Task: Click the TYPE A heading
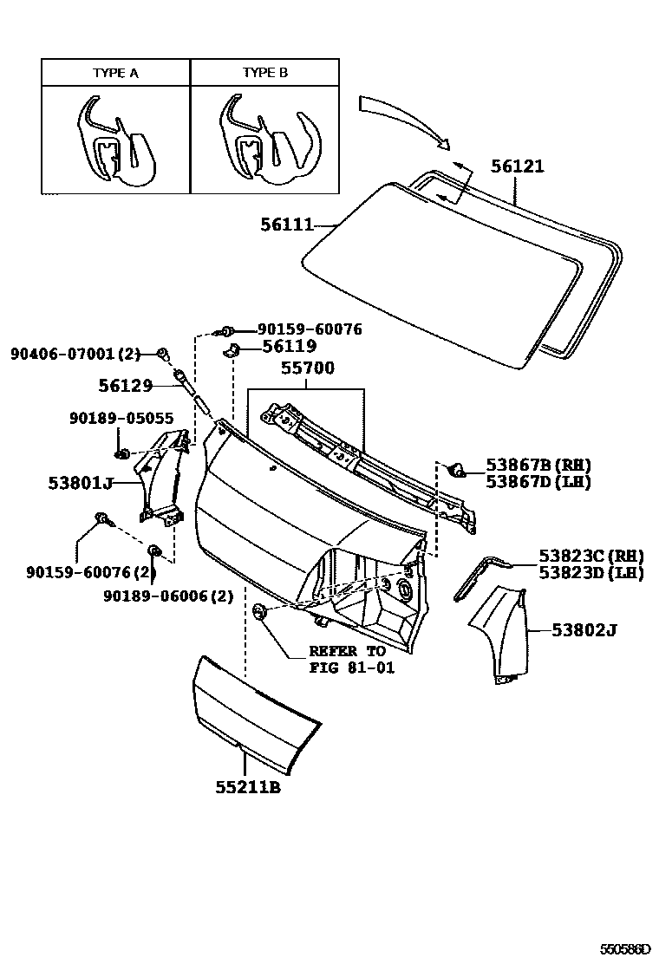115,73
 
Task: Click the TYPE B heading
264,73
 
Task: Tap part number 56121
518,166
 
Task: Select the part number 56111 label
286,225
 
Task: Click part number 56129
125,386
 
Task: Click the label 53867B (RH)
538,465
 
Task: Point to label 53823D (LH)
590,573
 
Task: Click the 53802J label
584,630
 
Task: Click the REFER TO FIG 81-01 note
347,660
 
